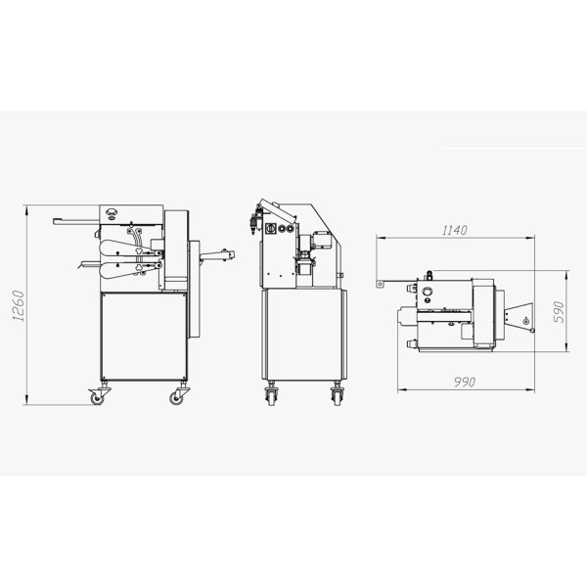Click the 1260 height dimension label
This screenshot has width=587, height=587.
(x=19, y=306)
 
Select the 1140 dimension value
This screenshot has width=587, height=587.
(x=455, y=230)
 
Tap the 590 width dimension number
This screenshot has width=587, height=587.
(x=558, y=311)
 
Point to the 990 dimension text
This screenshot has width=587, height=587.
(x=464, y=382)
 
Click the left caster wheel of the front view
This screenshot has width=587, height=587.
(x=97, y=398)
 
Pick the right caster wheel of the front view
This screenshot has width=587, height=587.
(x=176, y=398)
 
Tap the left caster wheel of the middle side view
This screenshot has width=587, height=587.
(x=271, y=397)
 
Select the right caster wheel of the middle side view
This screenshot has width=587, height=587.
(x=337, y=397)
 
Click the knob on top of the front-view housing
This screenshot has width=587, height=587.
(x=112, y=212)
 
